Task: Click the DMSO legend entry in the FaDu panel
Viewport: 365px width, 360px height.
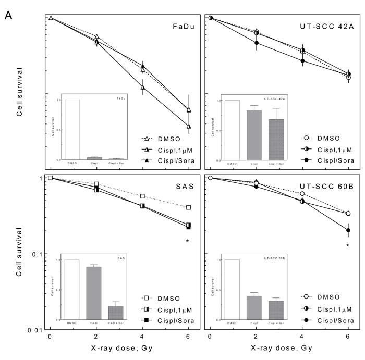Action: [166, 139]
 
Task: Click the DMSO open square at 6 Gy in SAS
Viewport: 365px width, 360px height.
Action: [188, 207]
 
